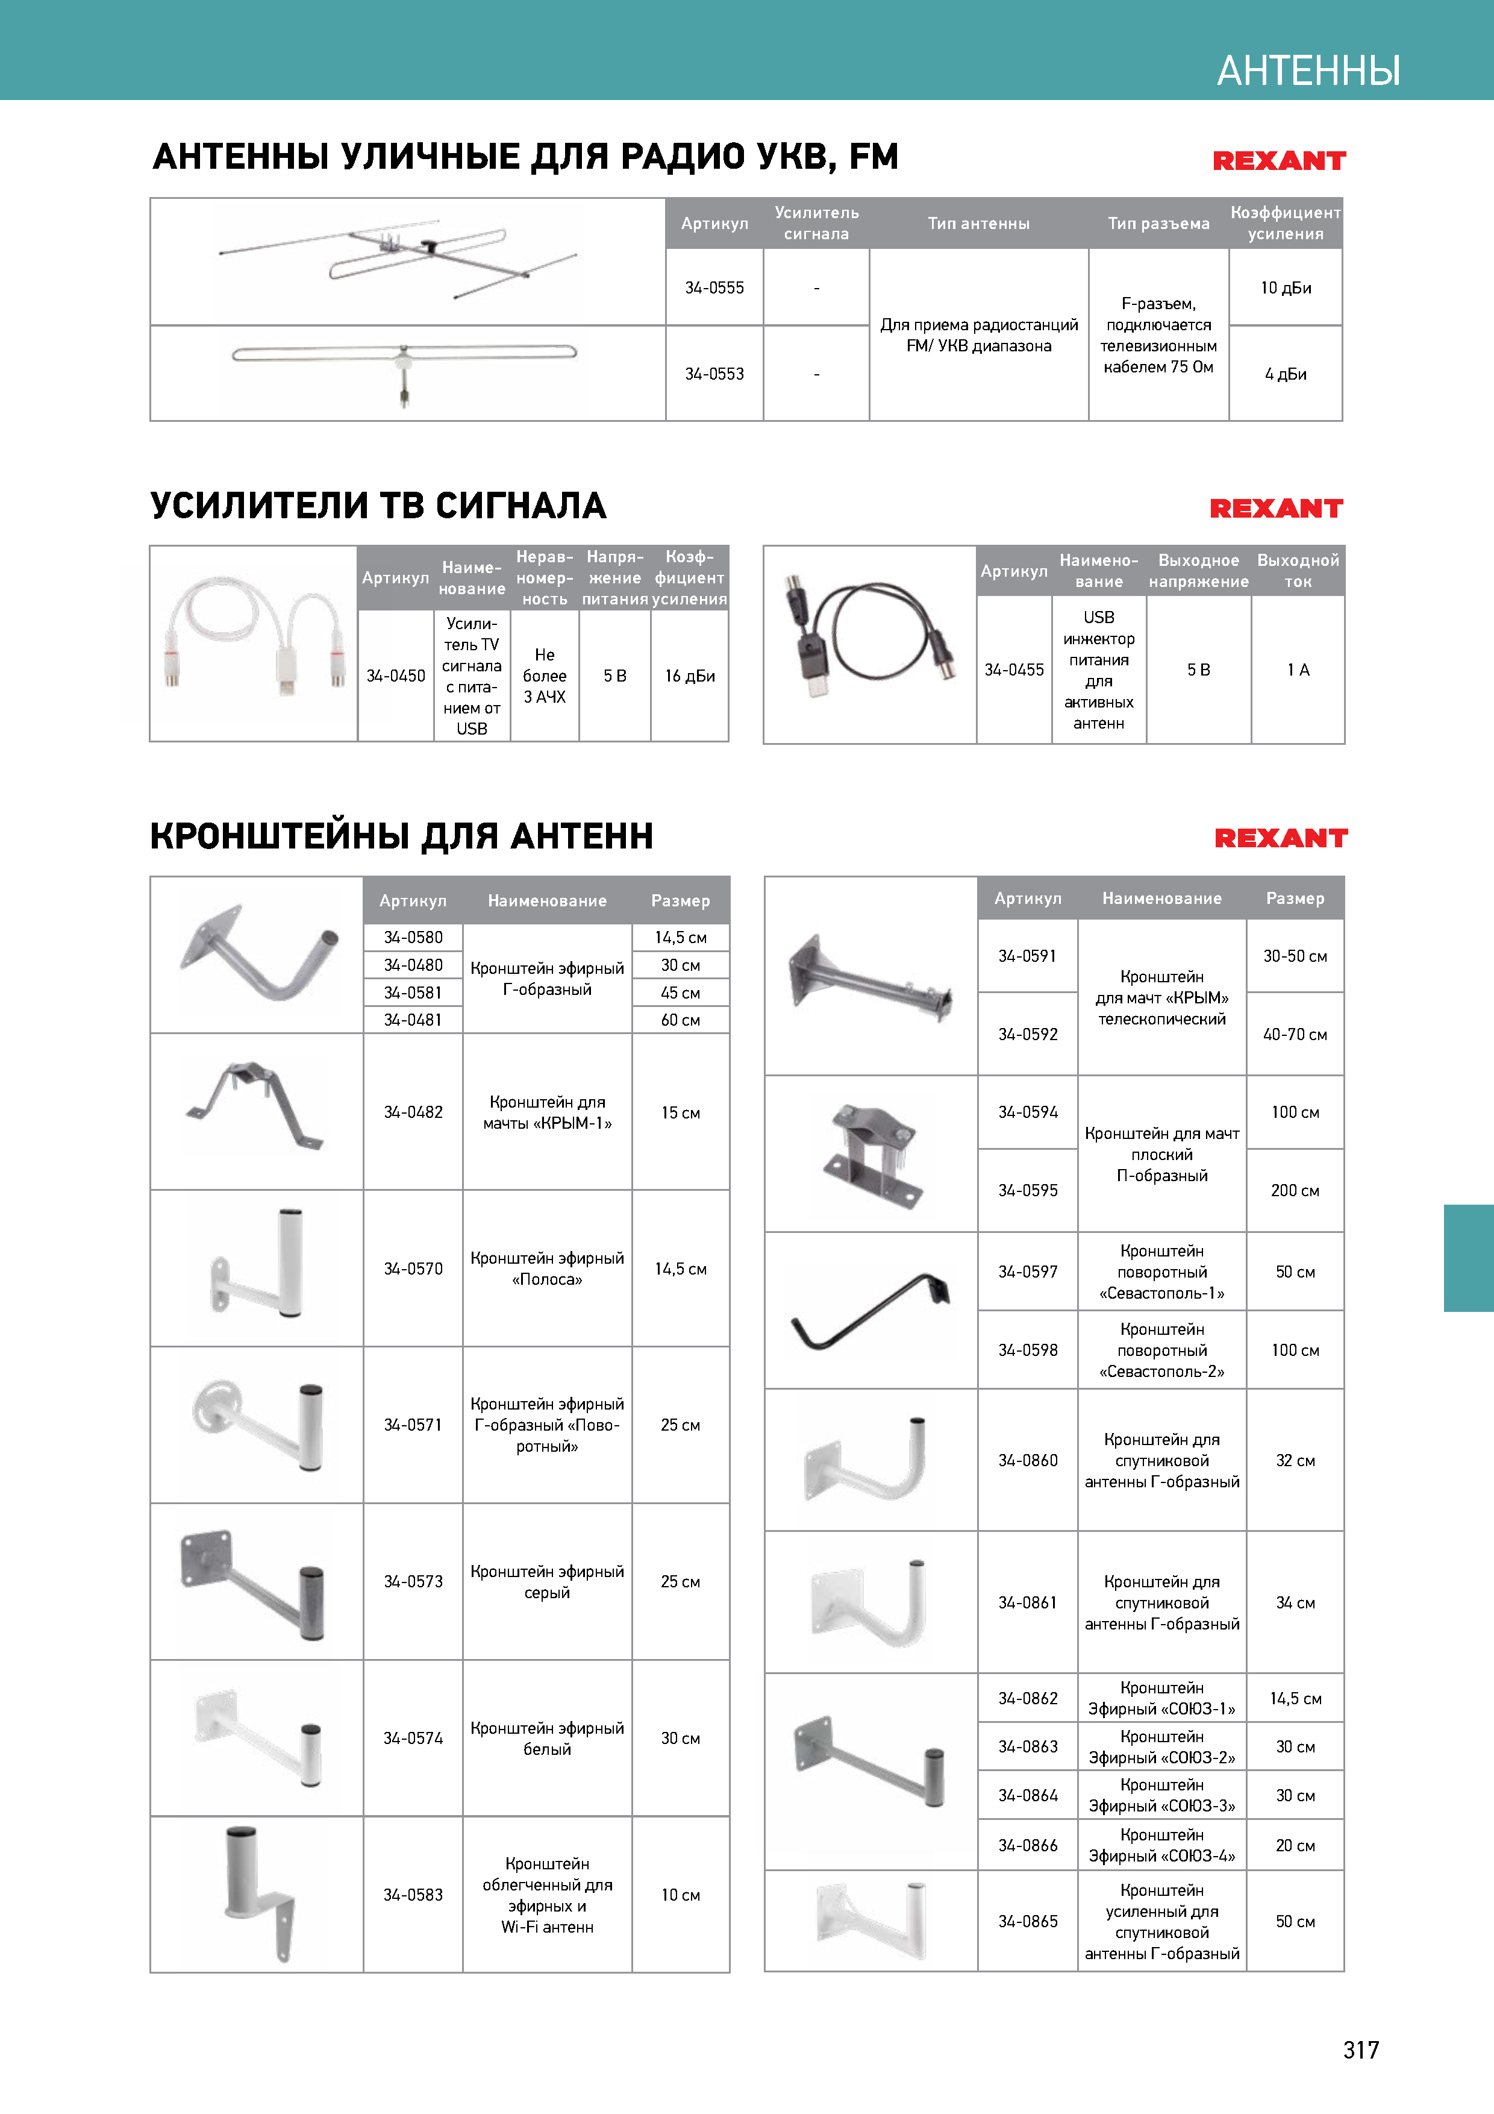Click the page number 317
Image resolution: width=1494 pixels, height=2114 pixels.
1360,2050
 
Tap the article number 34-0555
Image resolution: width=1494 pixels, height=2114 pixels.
714,288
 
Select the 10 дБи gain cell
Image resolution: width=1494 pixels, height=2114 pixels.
1285,288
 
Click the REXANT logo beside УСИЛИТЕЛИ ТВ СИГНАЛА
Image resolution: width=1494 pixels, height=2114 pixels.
1276,508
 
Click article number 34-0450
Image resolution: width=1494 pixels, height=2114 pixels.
396,676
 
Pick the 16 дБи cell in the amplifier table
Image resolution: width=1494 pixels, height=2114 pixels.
689,676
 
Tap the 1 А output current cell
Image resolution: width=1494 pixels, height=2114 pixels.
1298,670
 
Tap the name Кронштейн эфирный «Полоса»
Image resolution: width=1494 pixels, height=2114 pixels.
547,1269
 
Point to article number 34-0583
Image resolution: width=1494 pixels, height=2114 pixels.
413,1895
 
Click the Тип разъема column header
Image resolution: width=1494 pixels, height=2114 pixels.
1158,224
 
